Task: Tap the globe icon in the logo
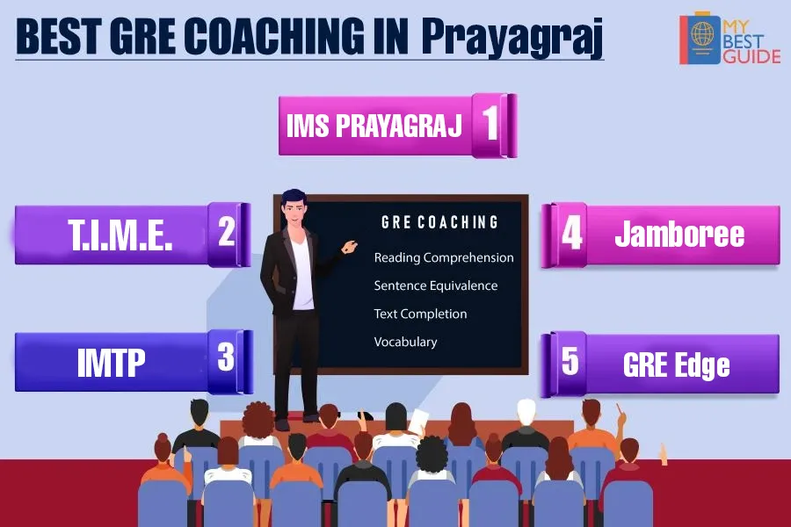701,34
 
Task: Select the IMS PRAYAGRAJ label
374,125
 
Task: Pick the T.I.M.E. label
120,235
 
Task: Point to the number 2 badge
229,234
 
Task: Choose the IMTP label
111,362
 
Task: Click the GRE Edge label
676,365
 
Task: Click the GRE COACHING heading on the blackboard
439,222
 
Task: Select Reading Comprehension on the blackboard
444,257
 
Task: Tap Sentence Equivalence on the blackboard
435,285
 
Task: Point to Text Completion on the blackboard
420,314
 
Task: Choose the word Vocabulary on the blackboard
405,342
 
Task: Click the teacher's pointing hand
350,247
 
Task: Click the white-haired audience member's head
526,412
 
